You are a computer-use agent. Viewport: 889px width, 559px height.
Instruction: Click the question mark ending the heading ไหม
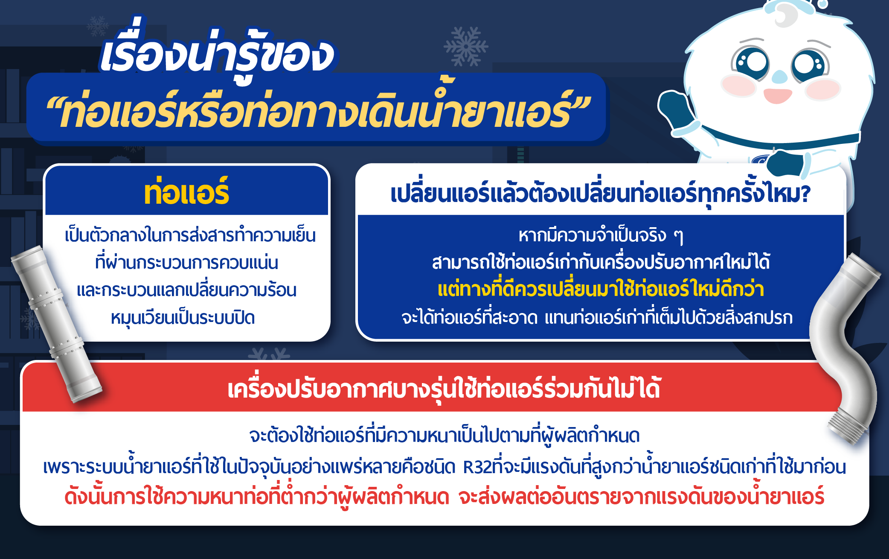(x=805, y=194)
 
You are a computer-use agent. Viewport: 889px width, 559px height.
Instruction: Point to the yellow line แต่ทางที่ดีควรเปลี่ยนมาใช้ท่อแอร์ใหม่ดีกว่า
(x=601, y=289)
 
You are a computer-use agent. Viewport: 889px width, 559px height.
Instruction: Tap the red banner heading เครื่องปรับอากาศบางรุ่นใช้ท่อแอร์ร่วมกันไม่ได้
(x=444, y=388)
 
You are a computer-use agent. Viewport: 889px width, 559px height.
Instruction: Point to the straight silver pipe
(x=55, y=325)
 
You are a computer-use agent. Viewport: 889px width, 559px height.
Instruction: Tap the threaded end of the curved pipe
(x=847, y=427)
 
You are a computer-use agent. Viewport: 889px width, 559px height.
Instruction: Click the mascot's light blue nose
(x=779, y=77)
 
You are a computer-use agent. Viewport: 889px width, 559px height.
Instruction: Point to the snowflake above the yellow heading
(x=466, y=46)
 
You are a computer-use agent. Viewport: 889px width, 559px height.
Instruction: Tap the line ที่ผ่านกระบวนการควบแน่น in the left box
(x=186, y=262)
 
